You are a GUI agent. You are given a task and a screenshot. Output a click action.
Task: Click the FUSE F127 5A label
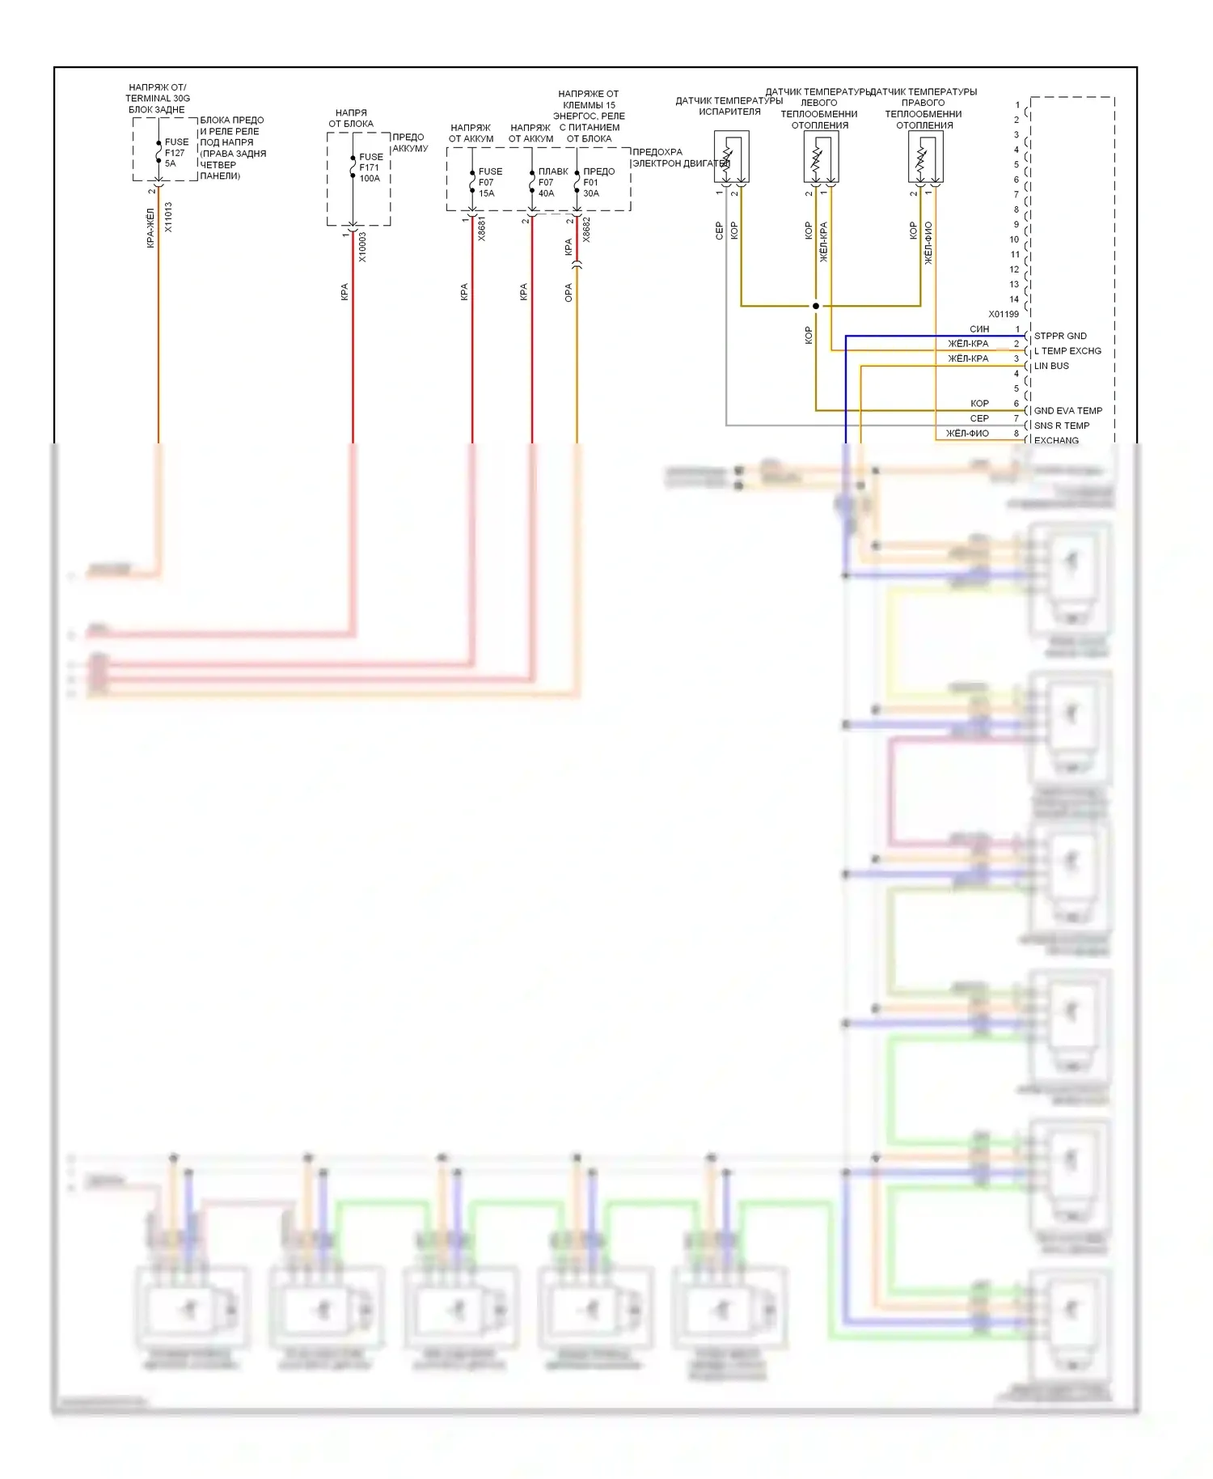point(175,153)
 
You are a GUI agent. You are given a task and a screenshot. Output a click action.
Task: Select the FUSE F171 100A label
point(370,167)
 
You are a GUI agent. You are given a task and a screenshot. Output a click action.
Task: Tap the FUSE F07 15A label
point(489,182)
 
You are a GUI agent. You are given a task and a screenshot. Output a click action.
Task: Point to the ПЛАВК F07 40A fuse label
point(552,182)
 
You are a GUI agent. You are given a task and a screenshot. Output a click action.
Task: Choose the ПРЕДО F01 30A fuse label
point(598,182)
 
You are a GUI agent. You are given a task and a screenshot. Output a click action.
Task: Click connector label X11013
point(168,217)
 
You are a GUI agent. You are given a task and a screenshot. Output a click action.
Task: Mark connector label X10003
point(362,247)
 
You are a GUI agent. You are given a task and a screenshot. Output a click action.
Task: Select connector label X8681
point(482,229)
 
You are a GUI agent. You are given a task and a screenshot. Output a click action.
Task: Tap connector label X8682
point(586,229)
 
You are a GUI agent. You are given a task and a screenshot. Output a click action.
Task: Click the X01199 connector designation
point(1004,314)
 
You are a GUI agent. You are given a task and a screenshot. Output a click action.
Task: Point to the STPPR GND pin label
point(1060,336)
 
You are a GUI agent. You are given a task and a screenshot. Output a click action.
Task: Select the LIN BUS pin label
point(1051,366)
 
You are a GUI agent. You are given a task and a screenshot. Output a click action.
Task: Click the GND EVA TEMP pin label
point(1067,410)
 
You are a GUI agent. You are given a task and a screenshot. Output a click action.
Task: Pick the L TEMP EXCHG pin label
point(1067,351)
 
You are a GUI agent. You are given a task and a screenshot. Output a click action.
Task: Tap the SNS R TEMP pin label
point(1061,426)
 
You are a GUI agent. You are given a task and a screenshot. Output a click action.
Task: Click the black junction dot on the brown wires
point(816,306)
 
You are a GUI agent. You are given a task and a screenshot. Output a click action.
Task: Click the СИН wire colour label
point(979,329)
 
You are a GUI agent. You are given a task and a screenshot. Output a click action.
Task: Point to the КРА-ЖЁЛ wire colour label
point(150,227)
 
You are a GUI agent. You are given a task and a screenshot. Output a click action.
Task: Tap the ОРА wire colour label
point(568,292)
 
